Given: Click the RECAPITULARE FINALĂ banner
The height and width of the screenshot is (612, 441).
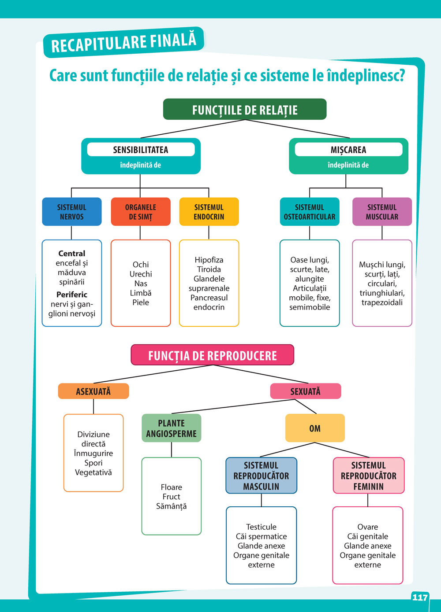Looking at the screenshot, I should pyautogui.click(x=123, y=42).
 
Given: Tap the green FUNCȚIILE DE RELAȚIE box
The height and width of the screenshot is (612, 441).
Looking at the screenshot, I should pyautogui.click(x=245, y=110).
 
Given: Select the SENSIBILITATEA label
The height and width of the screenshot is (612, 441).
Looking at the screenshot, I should pyautogui.click(x=141, y=150).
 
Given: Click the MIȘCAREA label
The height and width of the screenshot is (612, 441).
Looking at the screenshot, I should pyautogui.click(x=348, y=150).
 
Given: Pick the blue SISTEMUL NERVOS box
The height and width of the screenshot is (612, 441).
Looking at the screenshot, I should pyautogui.click(x=71, y=212).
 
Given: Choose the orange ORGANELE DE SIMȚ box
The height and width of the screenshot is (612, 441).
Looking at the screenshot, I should pyautogui.click(x=141, y=212).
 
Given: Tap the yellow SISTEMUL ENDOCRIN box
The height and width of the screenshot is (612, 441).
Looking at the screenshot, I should pyautogui.click(x=209, y=212).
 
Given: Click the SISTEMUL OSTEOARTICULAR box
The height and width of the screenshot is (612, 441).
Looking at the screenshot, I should pyautogui.click(x=310, y=212).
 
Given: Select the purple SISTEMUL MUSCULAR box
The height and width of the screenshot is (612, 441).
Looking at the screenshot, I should pyautogui.click(x=382, y=212).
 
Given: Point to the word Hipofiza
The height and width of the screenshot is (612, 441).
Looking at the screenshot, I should pyautogui.click(x=209, y=260).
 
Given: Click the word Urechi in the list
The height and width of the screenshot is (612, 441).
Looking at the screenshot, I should pyautogui.click(x=141, y=274).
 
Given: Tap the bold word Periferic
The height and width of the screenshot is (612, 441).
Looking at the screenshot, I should pyautogui.click(x=72, y=295).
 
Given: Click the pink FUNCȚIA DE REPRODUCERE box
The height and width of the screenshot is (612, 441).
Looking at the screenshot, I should pyautogui.click(x=213, y=355).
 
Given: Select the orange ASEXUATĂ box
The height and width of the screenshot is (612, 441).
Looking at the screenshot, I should pyautogui.click(x=93, y=391).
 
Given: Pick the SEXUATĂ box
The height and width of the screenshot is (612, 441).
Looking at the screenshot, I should pyautogui.click(x=305, y=391).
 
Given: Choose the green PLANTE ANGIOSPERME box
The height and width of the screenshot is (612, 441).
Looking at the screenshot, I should pyautogui.click(x=172, y=428).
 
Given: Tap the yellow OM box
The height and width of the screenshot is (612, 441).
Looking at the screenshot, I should pyautogui.click(x=315, y=428).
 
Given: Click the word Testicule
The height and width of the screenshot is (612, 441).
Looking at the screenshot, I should pyautogui.click(x=261, y=527).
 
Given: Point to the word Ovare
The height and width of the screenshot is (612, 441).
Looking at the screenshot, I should pyautogui.click(x=368, y=527).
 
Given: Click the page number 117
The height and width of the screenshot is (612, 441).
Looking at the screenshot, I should pyautogui.click(x=420, y=597).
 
